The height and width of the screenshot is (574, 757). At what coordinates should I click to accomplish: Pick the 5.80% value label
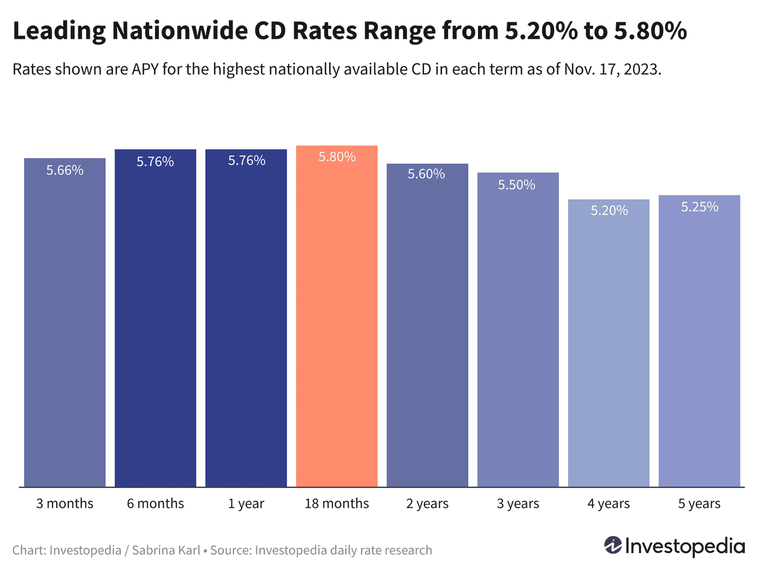[x=337, y=157]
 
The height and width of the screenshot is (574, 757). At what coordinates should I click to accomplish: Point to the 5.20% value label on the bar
[x=609, y=211]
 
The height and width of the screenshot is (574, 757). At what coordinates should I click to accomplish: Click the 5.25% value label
[x=699, y=207]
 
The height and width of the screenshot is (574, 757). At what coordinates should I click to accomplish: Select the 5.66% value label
[x=65, y=170]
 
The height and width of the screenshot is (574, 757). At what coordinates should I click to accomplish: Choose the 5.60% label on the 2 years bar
[x=426, y=174]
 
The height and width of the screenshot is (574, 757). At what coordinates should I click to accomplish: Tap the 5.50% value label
[x=516, y=185]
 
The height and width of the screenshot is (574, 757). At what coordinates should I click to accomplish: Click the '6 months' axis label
[x=155, y=503]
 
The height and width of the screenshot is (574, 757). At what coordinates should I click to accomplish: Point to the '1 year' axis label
[x=246, y=503]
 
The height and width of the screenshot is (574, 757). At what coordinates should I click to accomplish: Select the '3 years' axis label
[x=518, y=503]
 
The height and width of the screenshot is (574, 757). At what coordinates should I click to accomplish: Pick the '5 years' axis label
[x=699, y=503]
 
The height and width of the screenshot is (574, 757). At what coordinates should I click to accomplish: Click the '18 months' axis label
[x=337, y=503]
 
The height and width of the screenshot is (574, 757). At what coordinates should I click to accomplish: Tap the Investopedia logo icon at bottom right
[x=613, y=546]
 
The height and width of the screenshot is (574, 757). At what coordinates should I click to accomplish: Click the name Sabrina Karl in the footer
[x=166, y=550]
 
